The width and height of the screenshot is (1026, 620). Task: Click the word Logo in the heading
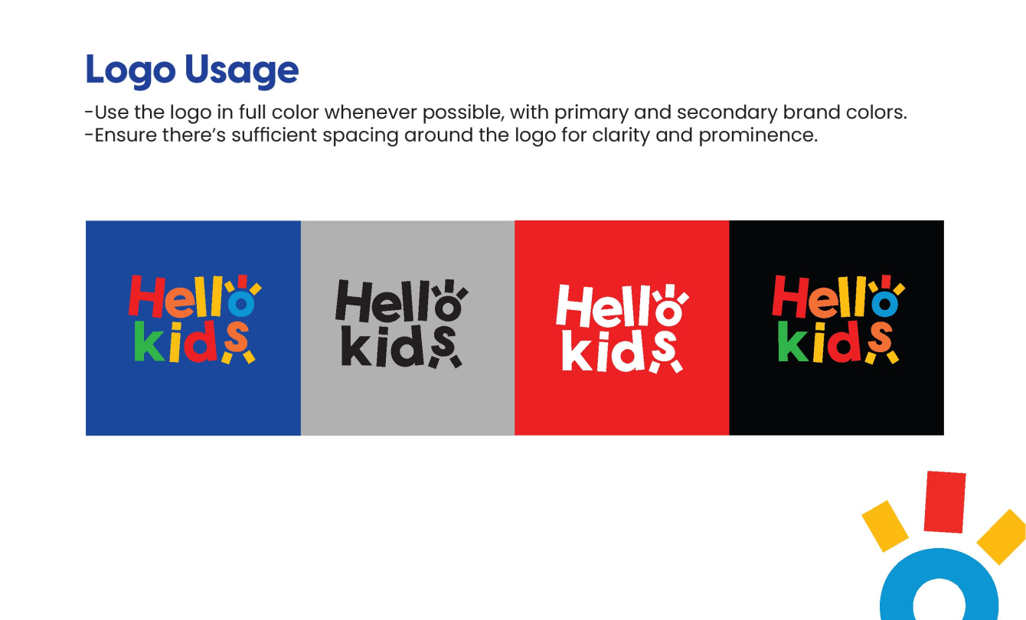(130, 71)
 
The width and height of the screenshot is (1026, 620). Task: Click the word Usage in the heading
(242, 71)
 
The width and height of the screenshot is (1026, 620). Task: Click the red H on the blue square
(146, 296)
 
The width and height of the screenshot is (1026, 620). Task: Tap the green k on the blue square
(149, 341)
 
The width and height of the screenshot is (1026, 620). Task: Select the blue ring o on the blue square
(241, 303)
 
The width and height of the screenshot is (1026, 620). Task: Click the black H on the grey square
(354, 301)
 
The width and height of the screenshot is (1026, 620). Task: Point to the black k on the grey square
(356, 346)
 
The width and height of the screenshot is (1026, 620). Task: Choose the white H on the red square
(575, 305)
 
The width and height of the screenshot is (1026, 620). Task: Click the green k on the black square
(793, 341)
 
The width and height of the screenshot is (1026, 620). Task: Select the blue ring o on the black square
(884, 304)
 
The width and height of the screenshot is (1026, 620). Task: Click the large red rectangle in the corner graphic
(945, 502)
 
